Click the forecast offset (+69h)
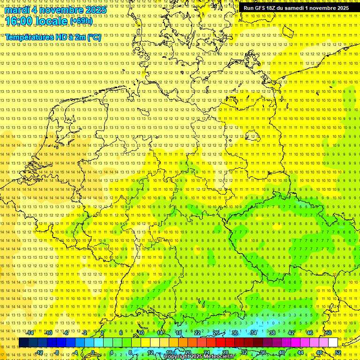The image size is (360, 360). point(82,21)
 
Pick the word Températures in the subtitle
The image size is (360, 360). point(30,37)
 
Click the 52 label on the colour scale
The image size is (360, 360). point(338,352)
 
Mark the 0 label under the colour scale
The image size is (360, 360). point(93,352)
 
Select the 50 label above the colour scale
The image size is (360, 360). point(329,333)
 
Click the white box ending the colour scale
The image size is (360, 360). point(333,342)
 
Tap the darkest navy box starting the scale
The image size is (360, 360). point(23,342)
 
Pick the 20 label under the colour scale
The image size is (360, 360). point(187,352)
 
